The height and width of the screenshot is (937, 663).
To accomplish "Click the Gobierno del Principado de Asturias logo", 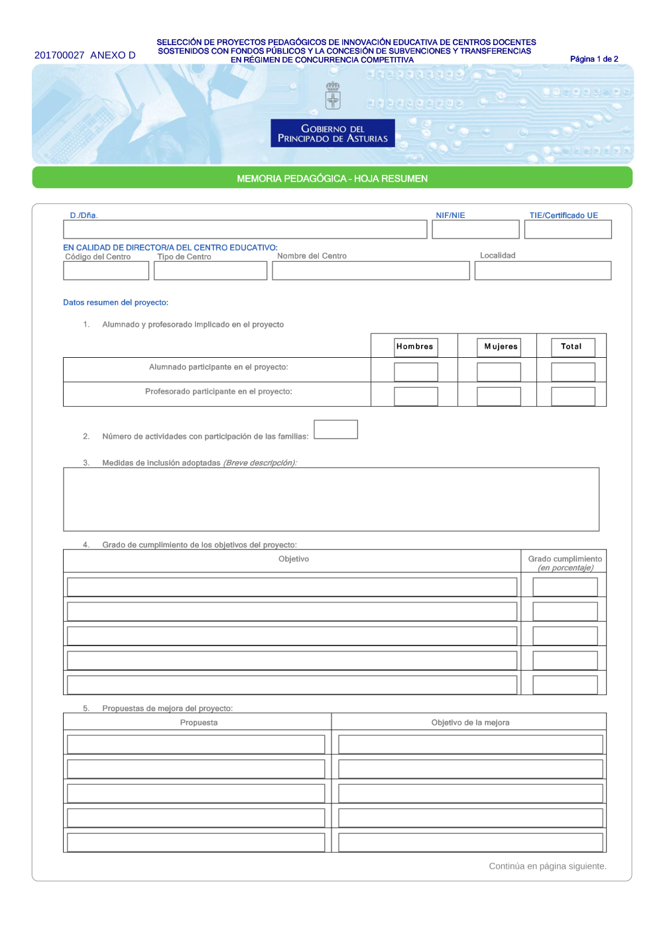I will pyautogui.click(x=332, y=133).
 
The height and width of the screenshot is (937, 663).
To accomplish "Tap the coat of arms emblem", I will pyautogui.click(x=333, y=95).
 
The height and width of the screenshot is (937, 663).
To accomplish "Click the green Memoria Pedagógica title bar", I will pyautogui.click(x=332, y=178).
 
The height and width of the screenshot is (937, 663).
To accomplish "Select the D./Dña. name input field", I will pyautogui.click(x=245, y=229).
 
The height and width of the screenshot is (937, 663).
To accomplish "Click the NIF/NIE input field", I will pyautogui.click(x=475, y=229).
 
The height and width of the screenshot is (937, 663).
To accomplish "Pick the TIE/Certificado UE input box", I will pyautogui.click(x=568, y=229).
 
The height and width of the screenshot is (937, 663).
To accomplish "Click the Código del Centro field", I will pyautogui.click(x=106, y=270).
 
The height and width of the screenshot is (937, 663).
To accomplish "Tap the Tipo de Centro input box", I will pyautogui.click(x=210, y=270).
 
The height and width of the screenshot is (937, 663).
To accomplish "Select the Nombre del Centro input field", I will pyautogui.click(x=371, y=270).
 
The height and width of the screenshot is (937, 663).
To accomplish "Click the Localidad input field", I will pyautogui.click(x=543, y=270).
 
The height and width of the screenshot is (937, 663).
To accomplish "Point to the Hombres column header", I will pyautogui.click(x=414, y=346).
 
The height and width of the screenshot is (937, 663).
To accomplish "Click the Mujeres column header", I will pyautogui.click(x=501, y=346).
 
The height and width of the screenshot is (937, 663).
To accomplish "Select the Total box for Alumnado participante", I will pyautogui.click(x=573, y=372).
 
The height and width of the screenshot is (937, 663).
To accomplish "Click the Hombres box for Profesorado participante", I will pyautogui.click(x=416, y=396).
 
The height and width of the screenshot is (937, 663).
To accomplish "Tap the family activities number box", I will pyautogui.click(x=335, y=429).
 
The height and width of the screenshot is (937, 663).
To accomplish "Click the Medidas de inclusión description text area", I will pyautogui.click(x=331, y=499).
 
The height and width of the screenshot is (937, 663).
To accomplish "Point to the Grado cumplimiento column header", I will pyautogui.click(x=565, y=563).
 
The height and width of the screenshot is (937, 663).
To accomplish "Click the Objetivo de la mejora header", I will pyautogui.click(x=470, y=722).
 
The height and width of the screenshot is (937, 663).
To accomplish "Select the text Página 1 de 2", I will pyautogui.click(x=594, y=59).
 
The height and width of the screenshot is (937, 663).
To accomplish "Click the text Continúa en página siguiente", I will pyautogui.click(x=548, y=866).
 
